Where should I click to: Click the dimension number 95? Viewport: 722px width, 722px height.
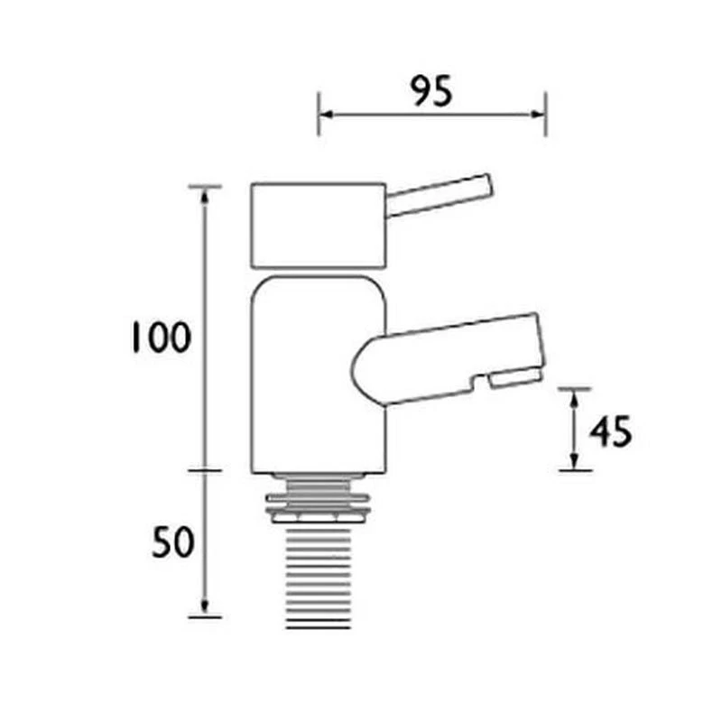(431, 91)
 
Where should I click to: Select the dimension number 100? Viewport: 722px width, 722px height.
(162, 337)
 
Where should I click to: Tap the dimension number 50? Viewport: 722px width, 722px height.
(173, 542)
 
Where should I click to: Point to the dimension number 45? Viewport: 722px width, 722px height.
(611, 431)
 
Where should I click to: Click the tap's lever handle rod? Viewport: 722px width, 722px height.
(439, 195)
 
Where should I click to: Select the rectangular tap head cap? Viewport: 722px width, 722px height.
(319, 226)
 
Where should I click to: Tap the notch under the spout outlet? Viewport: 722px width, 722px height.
(479, 382)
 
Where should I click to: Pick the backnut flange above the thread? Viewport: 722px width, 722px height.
(319, 508)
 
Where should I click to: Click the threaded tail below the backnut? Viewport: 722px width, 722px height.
(319, 577)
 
